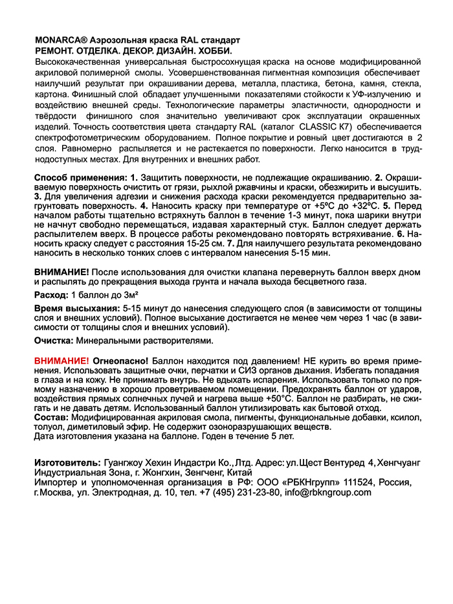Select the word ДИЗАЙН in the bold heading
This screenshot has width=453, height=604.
tap(169, 50)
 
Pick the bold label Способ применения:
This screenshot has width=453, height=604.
tap(80, 177)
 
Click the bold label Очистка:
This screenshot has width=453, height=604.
tap(54, 339)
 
